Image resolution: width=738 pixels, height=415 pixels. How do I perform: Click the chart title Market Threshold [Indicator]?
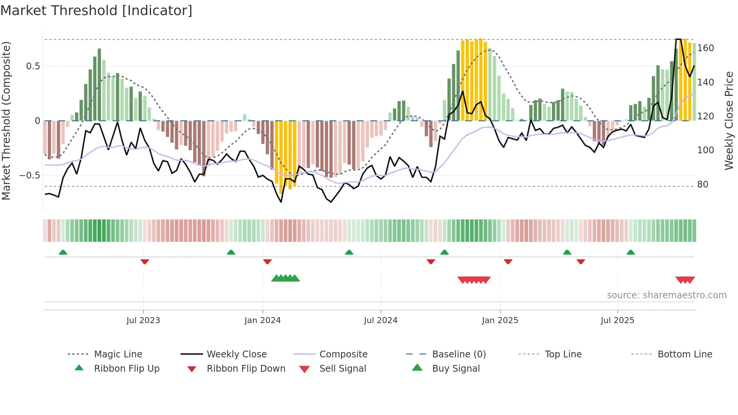[x=96, y=11]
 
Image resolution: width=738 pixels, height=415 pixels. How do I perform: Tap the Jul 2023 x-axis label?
[x=143, y=320]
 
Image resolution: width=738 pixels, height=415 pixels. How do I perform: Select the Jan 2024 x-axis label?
[x=262, y=320]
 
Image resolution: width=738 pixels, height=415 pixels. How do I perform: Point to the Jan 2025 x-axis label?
[x=500, y=320]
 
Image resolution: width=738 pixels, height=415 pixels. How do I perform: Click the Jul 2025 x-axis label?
[x=618, y=320]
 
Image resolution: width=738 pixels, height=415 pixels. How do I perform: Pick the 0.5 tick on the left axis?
[x=33, y=66]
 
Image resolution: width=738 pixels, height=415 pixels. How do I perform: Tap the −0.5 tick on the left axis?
[x=30, y=175]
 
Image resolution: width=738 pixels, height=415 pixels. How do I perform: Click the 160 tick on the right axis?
[x=706, y=48]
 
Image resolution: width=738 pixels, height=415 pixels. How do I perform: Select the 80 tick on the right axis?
[x=703, y=185]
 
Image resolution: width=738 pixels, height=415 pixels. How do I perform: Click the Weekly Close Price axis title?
[x=729, y=121]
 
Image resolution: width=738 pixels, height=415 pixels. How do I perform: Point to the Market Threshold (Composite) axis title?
[x=6, y=121]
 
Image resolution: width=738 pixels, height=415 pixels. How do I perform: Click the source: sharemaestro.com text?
[x=666, y=295]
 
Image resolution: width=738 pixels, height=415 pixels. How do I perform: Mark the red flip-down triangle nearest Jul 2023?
[x=145, y=261]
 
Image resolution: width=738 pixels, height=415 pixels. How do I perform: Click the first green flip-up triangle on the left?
[x=63, y=252]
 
